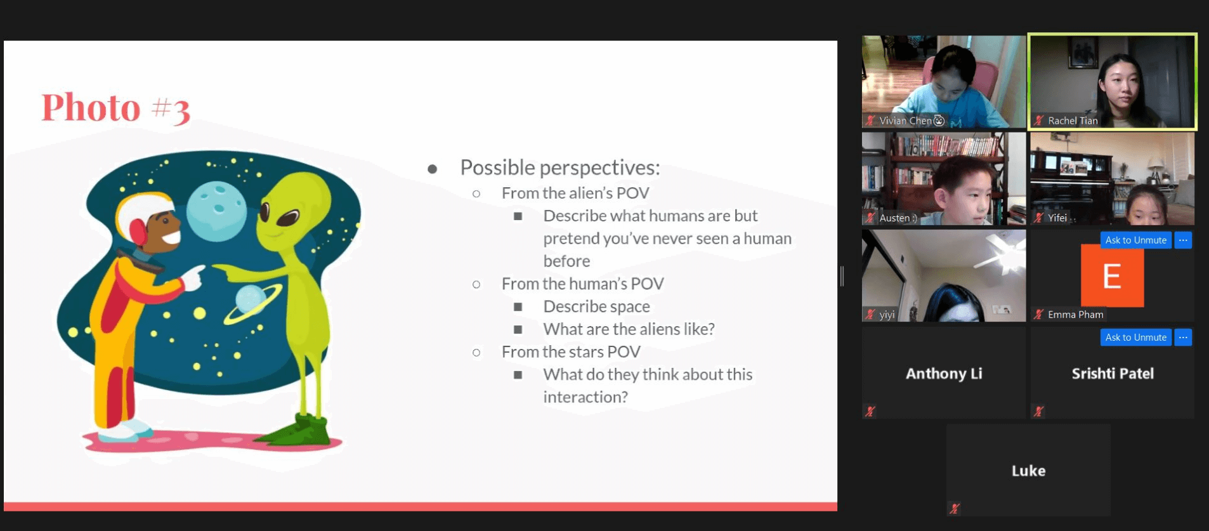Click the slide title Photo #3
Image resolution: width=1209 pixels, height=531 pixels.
pyautogui.click(x=115, y=107)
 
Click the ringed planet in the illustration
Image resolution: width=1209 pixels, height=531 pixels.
pyautogui.click(x=252, y=301)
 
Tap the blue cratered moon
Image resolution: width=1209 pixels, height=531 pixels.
pyautogui.click(x=217, y=211)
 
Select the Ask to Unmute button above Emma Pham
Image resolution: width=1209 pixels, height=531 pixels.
pyautogui.click(x=1135, y=240)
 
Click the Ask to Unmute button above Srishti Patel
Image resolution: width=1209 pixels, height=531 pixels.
pyautogui.click(x=1135, y=338)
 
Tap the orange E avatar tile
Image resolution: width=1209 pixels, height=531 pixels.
pyautogui.click(x=1112, y=276)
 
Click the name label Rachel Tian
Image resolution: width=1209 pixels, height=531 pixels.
pyautogui.click(x=1073, y=121)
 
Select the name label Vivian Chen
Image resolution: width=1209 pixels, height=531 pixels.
pyautogui.click(x=905, y=121)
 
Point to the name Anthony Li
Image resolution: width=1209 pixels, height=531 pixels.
pyautogui.click(x=944, y=374)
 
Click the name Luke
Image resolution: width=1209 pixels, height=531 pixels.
pyautogui.click(x=1028, y=471)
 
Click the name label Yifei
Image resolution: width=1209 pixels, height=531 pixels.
pyautogui.click(x=1057, y=218)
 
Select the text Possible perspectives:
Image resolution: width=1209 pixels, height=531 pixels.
pyautogui.click(x=560, y=167)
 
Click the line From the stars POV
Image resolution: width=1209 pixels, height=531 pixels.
pyautogui.click(x=571, y=351)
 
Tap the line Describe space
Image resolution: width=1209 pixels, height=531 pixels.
pyautogui.click(x=596, y=306)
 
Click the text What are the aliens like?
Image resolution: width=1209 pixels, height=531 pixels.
pyautogui.click(x=629, y=329)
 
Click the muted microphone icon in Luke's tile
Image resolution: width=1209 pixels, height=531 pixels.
pyautogui.click(x=954, y=508)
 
